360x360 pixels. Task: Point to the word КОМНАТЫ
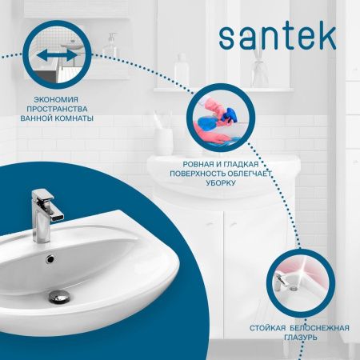click(74, 118)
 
